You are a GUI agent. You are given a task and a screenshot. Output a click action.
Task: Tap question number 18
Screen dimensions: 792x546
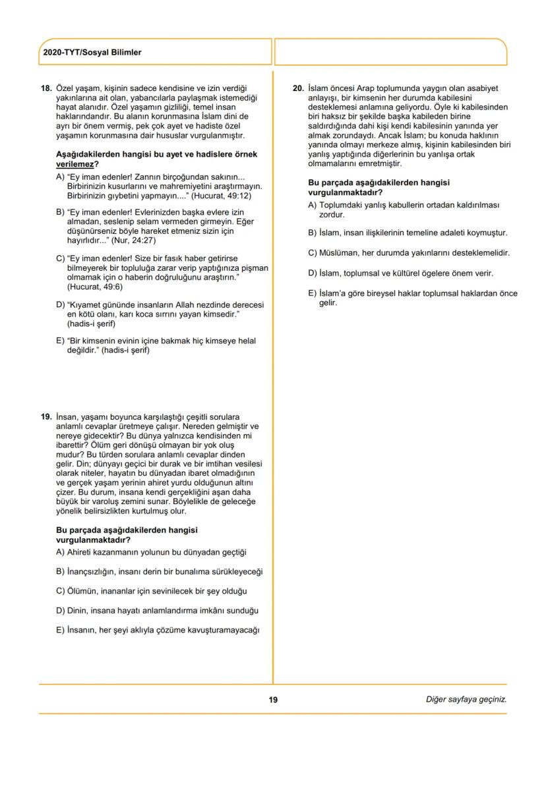(46, 88)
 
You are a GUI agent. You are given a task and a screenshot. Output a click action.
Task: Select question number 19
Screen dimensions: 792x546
(46, 417)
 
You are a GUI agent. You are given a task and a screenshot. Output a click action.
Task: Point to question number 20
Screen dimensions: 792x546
(297, 88)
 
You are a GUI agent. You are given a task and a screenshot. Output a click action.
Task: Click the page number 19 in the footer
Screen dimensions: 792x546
(273, 699)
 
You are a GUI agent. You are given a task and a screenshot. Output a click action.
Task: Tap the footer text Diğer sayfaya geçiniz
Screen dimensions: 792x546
(466, 699)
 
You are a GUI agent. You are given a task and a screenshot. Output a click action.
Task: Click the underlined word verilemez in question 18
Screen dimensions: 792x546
(74, 163)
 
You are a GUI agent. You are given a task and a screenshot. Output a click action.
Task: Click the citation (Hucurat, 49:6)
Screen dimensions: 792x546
(95, 287)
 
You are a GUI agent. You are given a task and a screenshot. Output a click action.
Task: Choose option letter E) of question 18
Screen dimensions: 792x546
(61, 341)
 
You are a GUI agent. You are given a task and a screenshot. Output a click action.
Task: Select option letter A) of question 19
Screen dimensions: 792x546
(61, 552)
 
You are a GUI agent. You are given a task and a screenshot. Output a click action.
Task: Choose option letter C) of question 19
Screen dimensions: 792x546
(61, 590)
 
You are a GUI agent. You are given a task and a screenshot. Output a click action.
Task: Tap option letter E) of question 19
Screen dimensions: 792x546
(61, 630)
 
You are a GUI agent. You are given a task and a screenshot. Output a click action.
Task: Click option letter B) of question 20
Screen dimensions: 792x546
(313, 233)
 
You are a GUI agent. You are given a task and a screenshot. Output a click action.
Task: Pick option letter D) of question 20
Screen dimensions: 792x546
(313, 273)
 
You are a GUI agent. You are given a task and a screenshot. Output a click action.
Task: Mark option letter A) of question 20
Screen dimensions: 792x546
(313, 206)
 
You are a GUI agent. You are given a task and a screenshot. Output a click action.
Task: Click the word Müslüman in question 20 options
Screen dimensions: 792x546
(339, 253)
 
